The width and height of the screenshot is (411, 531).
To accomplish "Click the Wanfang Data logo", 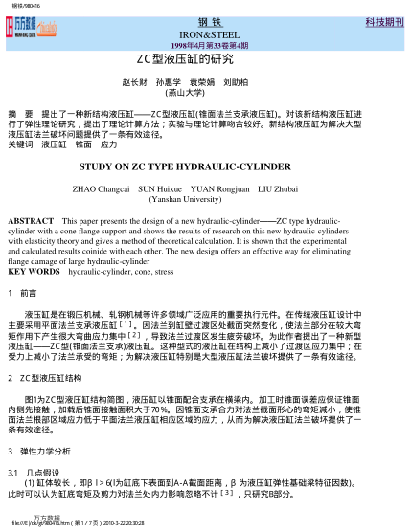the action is pyautogui.click(x=34, y=28).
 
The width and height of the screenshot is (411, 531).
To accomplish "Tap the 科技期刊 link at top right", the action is pyautogui.click(x=380, y=20).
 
